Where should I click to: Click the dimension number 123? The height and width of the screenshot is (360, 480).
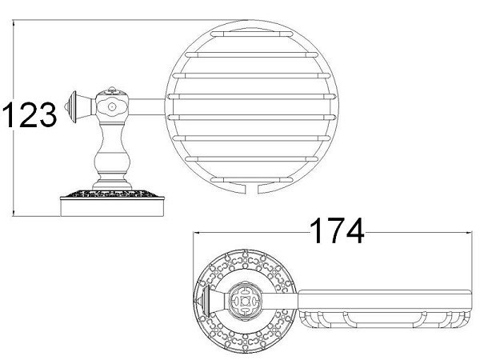click(x=30, y=117)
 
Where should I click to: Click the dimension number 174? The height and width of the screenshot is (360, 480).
click(x=335, y=233)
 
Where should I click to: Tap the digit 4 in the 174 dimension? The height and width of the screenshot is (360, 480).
click(x=353, y=233)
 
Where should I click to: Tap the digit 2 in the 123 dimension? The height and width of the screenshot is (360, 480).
click(x=29, y=117)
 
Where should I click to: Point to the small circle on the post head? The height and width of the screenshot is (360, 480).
click(x=112, y=105)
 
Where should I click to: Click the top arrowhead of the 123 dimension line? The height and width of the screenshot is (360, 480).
click(x=14, y=24)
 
